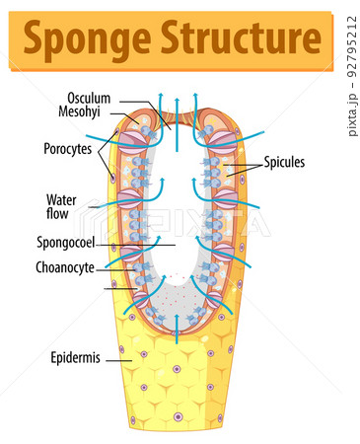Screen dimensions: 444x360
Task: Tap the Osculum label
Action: tap(89, 99)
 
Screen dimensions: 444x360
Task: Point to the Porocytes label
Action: tap(67, 149)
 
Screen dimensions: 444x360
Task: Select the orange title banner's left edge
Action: tap(14, 39)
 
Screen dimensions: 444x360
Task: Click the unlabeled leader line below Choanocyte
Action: tap(118, 288)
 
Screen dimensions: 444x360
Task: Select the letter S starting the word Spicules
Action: tap(266, 163)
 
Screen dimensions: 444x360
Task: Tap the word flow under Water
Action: tap(58, 213)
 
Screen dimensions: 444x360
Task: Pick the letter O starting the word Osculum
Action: tap(71, 99)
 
